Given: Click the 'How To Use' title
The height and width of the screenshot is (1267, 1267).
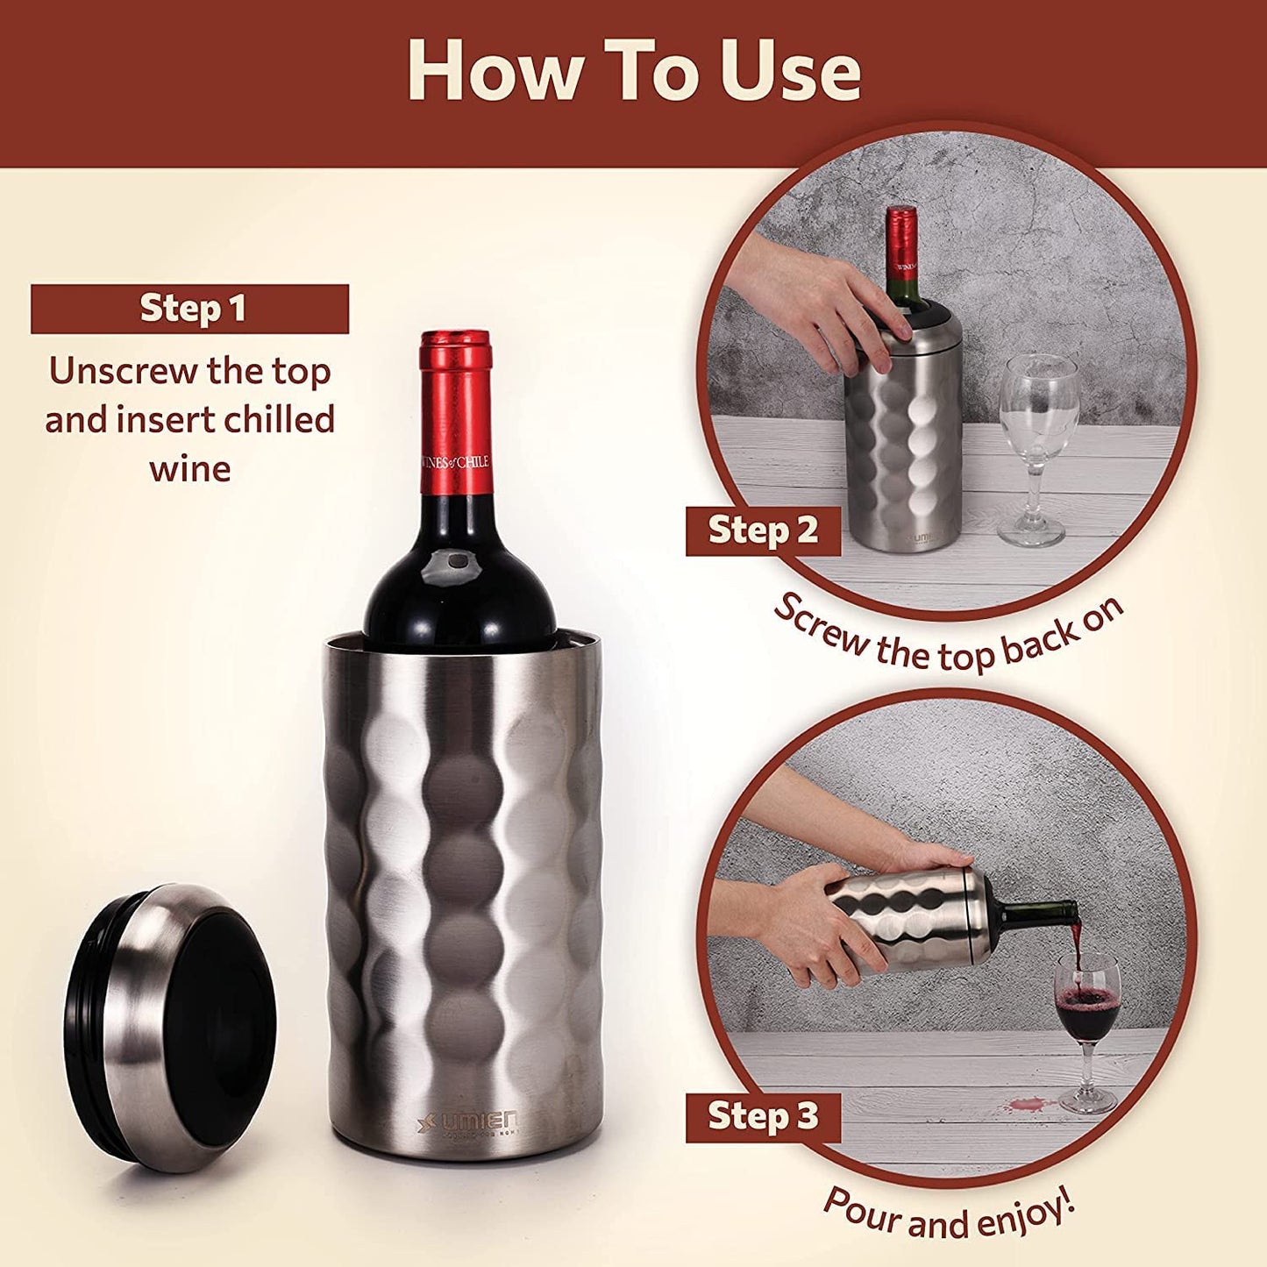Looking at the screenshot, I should point(633,72).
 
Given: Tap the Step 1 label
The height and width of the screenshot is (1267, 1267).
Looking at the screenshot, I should point(190,309).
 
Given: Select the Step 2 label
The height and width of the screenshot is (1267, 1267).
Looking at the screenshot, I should point(762,530).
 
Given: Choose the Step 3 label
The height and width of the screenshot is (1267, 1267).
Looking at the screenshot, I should point(762,1117).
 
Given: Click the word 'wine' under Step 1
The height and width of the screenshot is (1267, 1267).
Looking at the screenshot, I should point(189,469).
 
